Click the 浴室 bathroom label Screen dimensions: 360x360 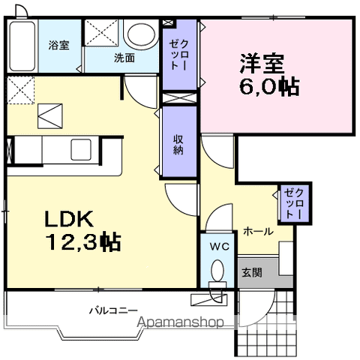tap(59, 44)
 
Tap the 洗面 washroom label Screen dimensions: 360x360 tap(124, 58)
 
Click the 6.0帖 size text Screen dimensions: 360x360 tap(269, 87)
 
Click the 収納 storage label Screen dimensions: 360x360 tap(179, 142)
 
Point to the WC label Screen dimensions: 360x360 tap(218, 246)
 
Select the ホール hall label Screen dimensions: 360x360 tap(257, 232)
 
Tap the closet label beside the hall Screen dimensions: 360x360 tap(291, 202)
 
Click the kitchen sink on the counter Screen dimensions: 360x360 tap(80, 146)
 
